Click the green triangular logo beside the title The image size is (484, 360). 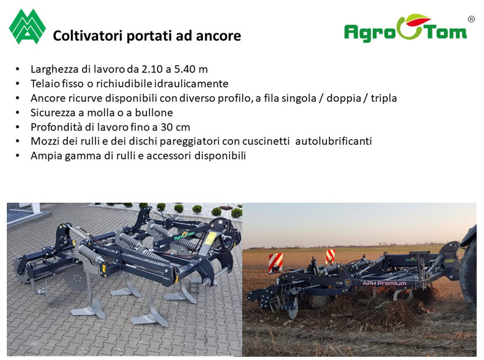[27, 27]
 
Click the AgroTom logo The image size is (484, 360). [405, 29]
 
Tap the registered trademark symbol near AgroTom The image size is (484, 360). [472, 19]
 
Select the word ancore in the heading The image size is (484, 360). [218, 36]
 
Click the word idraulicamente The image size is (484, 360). [191, 83]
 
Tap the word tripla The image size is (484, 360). [383, 98]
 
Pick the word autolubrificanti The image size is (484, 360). [333, 141]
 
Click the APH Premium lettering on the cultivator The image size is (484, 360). [384, 283]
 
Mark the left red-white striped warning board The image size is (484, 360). [276, 263]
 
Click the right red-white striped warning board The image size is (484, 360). [330, 256]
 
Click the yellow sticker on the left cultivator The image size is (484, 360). [212, 237]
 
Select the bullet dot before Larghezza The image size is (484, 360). [17, 69]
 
